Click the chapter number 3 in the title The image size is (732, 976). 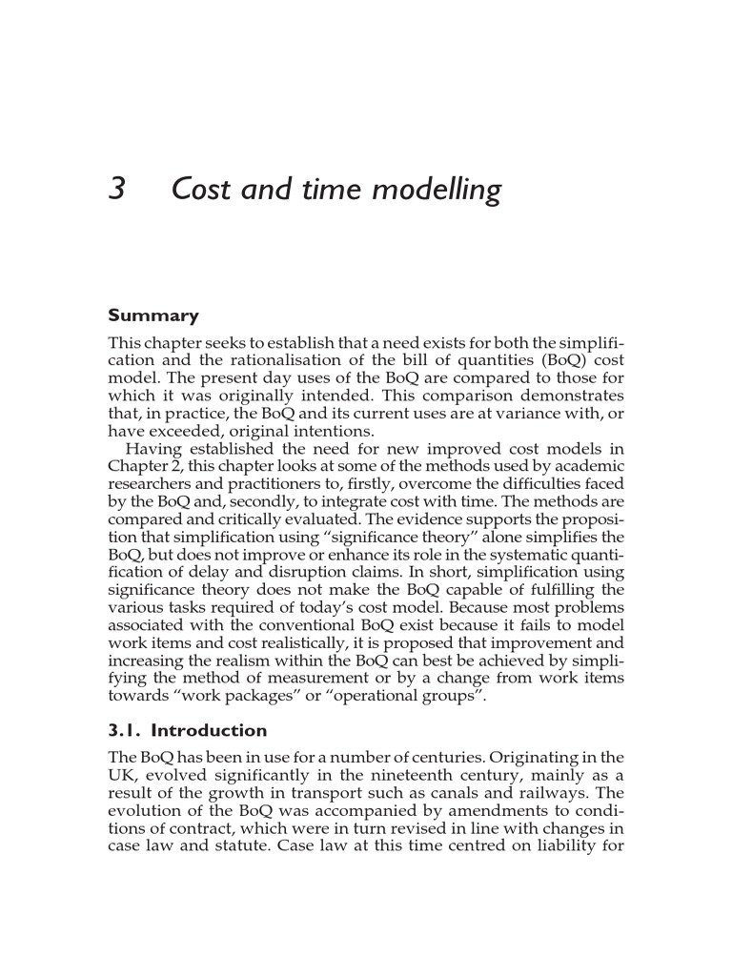[x=117, y=190]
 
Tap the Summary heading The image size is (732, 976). [x=153, y=315]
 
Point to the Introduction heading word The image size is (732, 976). [x=210, y=731]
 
